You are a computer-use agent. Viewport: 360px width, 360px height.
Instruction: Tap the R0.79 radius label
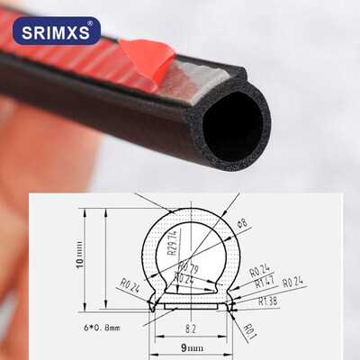[x=186, y=267]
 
